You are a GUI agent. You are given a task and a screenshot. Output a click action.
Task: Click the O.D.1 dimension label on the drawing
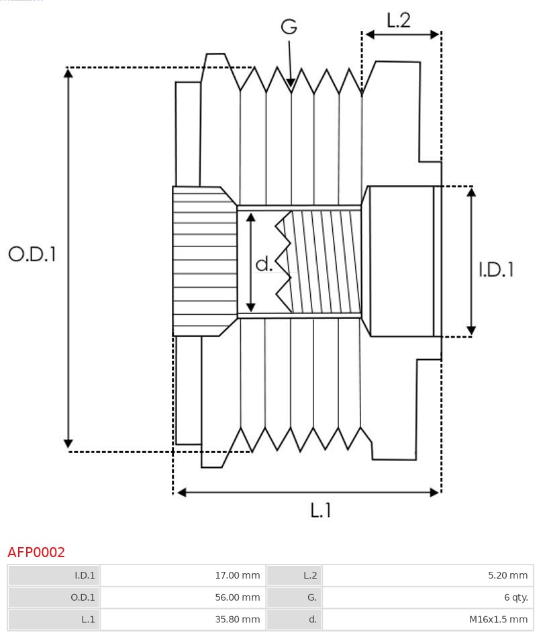tap(32, 254)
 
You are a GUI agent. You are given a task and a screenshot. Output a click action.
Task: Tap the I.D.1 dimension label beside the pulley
tap(496, 270)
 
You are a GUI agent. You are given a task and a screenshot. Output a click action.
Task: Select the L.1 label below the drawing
tap(321, 511)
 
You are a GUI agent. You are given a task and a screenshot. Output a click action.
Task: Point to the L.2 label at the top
tap(398, 20)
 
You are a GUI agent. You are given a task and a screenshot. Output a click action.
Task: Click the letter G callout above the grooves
tap(289, 27)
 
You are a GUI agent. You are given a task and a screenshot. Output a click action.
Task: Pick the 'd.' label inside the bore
tap(264, 264)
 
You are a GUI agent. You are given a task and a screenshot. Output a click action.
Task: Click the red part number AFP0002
tap(36, 552)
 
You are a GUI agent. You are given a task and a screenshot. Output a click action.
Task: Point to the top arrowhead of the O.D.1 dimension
tap(68, 72)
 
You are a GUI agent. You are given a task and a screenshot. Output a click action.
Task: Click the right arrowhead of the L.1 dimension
tap(434, 492)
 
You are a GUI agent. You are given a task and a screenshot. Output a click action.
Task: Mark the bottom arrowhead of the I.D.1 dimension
tap(471, 330)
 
